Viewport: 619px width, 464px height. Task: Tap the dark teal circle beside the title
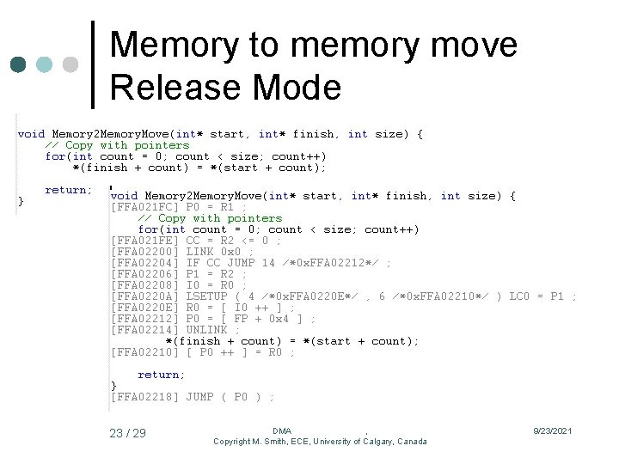[x=19, y=64]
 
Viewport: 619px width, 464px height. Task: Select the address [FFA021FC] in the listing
[x=144, y=207]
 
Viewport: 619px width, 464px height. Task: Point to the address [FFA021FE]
[x=144, y=241]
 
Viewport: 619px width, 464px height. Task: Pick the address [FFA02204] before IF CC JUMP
[x=144, y=263]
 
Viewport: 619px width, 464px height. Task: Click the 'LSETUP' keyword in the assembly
[x=206, y=296]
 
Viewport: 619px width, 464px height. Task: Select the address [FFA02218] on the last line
[x=144, y=397]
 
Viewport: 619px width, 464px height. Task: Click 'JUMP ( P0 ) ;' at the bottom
[x=230, y=397]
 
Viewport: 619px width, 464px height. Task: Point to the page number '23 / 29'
[x=127, y=433]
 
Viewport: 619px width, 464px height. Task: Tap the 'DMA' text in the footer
[x=282, y=430]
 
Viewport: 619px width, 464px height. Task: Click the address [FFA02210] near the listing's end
[x=144, y=352]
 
